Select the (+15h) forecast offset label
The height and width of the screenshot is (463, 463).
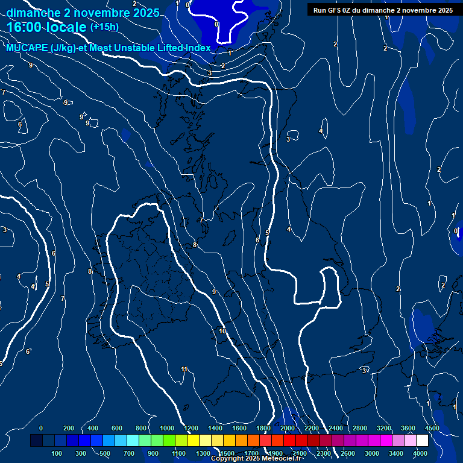click(x=104, y=27)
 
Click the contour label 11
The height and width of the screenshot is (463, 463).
click(x=184, y=370)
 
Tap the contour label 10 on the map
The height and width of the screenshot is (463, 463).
click(x=222, y=332)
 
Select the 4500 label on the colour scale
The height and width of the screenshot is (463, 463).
click(x=432, y=428)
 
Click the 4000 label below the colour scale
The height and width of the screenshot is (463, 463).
click(x=420, y=453)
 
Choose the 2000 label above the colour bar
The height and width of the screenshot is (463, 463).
click(x=288, y=428)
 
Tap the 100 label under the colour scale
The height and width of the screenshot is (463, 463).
click(x=57, y=453)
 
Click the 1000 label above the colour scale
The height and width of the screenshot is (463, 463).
click(x=167, y=428)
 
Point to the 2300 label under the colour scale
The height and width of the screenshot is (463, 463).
click(x=324, y=453)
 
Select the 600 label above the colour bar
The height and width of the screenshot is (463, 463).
click(x=117, y=428)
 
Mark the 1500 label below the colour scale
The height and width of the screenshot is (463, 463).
click(x=227, y=453)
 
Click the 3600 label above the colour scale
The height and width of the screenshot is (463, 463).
click(x=408, y=428)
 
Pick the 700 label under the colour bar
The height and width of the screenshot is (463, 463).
click(x=129, y=453)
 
